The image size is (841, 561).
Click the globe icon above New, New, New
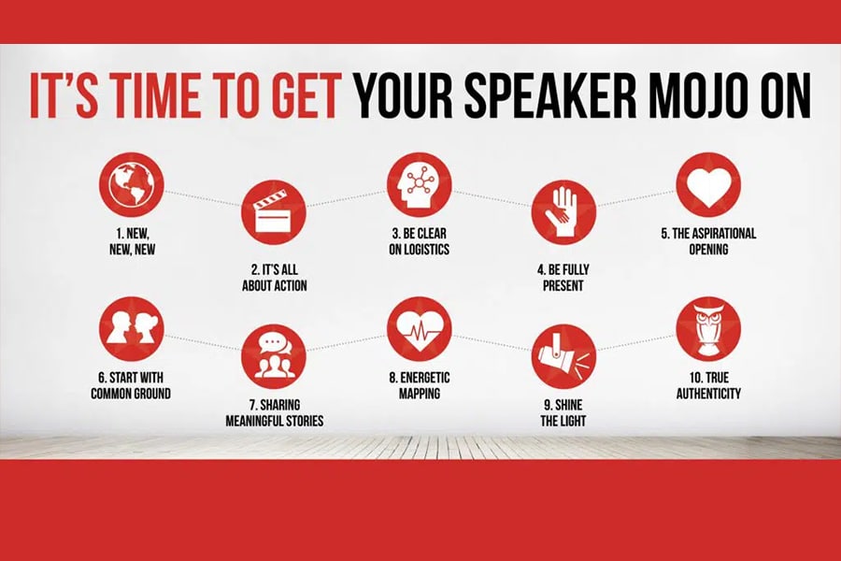(131, 186)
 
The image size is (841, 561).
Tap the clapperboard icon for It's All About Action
(274, 212)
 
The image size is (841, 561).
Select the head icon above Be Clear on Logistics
(419, 186)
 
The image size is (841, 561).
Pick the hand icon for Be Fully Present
(563, 212)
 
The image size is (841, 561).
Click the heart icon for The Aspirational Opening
(707, 186)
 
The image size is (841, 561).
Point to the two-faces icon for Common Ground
(131, 328)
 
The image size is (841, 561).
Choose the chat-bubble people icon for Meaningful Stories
(274, 355)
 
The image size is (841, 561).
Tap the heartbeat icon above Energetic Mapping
(419, 328)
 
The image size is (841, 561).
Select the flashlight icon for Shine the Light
(563, 355)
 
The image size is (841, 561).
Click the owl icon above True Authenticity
(707, 328)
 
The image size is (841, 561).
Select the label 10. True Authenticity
(707, 387)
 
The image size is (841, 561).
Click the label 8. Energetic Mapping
(419, 387)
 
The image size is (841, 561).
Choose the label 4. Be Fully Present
(563, 277)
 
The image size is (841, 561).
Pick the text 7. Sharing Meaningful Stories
(274, 414)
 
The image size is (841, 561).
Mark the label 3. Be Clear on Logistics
(419, 242)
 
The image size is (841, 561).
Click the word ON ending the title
(780, 97)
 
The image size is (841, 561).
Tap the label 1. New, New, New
(131, 242)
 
